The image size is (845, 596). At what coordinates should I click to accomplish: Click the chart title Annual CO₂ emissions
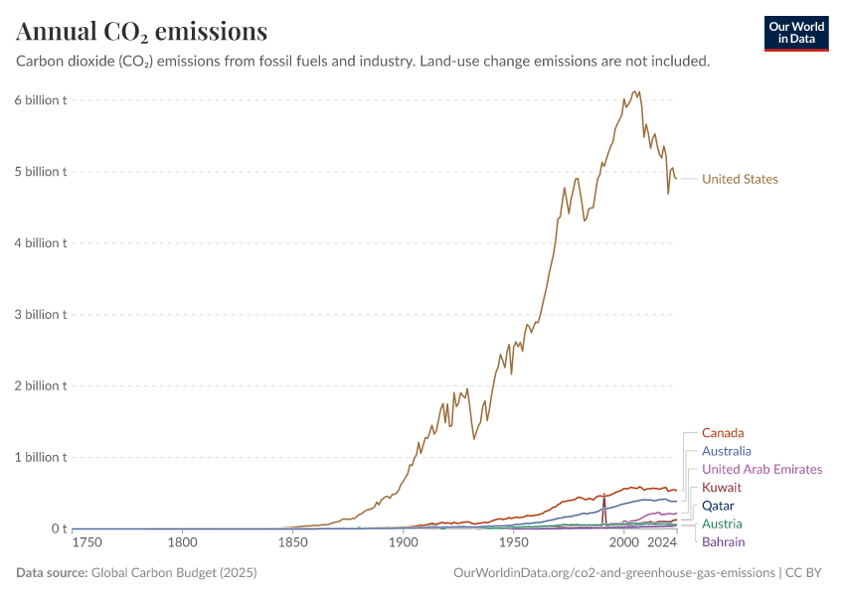[x=141, y=32]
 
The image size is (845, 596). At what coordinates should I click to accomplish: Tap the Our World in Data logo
[x=796, y=33]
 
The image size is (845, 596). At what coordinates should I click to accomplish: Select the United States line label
[x=740, y=180]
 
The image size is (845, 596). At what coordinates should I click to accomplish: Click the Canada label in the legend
[x=723, y=433]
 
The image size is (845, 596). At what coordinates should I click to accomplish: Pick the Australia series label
[x=726, y=451]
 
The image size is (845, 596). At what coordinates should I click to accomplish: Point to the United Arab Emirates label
[x=761, y=469]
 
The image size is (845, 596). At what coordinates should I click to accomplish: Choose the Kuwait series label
[x=721, y=488]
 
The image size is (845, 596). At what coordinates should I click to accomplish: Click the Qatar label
[x=718, y=506]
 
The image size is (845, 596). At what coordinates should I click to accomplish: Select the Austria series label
[x=722, y=523]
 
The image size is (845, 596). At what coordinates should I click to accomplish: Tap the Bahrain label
[x=723, y=542]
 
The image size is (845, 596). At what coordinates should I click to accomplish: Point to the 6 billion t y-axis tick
[x=40, y=100]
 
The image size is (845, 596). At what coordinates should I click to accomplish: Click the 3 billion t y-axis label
[x=40, y=315]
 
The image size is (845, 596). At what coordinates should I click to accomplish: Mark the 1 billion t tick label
[x=40, y=458]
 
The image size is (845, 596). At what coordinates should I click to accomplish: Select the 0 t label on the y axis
[x=59, y=529]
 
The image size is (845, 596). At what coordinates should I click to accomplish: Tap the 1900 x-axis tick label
[x=403, y=543]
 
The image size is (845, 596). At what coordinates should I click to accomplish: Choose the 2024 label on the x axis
[x=661, y=543]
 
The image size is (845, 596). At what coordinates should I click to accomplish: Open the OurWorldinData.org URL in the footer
[x=613, y=573]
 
